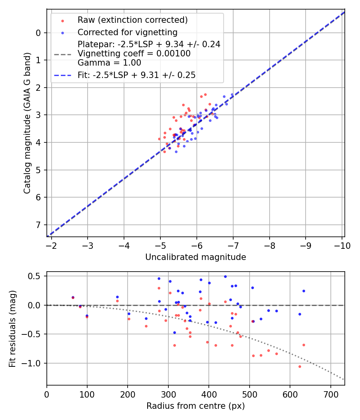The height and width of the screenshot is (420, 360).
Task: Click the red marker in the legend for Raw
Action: (x=62, y=20)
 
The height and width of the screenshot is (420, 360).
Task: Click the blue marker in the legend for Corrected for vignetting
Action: (x=62, y=32)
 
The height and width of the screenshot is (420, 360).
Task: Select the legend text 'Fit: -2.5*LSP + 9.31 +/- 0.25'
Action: (x=136, y=75)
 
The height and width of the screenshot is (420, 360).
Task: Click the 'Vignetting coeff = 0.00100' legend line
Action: (x=134, y=53)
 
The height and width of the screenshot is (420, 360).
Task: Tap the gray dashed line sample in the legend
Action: (x=62, y=54)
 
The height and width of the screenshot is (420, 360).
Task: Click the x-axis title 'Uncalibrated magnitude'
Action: (x=196, y=257)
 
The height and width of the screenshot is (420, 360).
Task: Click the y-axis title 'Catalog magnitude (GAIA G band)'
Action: (x=27, y=122)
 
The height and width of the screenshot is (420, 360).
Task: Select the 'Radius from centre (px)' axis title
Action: (x=196, y=406)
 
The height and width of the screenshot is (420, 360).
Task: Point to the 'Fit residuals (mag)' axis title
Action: (x=13, y=328)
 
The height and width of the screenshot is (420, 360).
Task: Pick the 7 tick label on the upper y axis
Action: (x=38, y=225)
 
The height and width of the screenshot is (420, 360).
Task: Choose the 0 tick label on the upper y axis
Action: (x=38, y=33)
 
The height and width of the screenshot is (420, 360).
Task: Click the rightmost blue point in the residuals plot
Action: (x=304, y=291)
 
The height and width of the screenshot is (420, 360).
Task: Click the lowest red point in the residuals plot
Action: (x=300, y=366)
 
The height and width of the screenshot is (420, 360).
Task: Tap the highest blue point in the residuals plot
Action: (x=225, y=276)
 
